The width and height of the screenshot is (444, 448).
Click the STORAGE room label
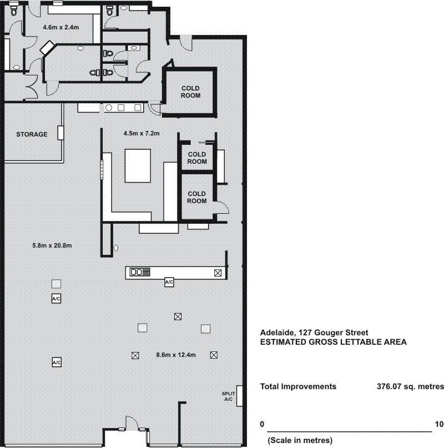[32, 134]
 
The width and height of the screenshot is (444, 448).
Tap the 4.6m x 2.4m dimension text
[61, 27]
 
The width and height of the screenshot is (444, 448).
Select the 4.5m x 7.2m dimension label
[142, 133]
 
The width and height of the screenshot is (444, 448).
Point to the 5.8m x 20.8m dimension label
[52, 245]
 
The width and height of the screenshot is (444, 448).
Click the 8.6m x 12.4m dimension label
[176, 355]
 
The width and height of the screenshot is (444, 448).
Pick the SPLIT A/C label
[228, 396]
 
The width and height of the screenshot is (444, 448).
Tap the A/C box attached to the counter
[169, 282]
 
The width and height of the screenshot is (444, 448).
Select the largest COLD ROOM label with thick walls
[190, 92]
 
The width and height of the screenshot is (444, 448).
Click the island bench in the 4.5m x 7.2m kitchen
[138, 166]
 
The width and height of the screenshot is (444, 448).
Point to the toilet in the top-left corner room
[14, 11]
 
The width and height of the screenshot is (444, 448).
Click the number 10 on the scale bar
[440, 424]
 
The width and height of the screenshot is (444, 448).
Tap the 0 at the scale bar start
[263, 424]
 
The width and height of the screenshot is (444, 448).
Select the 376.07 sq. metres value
[410, 386]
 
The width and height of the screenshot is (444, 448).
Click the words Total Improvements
[298, 386]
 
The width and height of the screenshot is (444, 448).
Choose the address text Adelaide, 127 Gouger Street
[314, 333]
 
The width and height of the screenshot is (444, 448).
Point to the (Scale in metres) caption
[300, 440]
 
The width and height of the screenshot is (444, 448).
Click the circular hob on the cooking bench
[109, 108]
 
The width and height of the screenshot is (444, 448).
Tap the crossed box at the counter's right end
[218, 273]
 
